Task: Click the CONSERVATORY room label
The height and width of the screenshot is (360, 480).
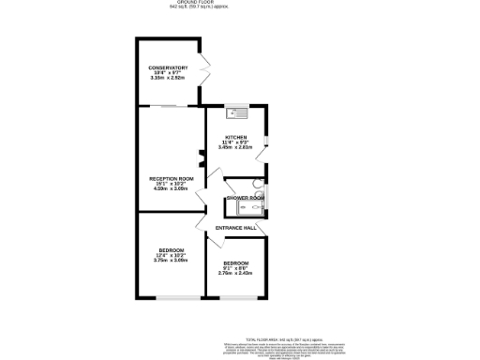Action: tap(168, 67)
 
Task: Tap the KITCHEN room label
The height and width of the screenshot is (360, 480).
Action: tap(234, 137)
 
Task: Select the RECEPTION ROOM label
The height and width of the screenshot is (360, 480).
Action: tap(172, 178)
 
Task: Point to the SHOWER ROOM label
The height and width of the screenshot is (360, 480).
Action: tap(244, 198)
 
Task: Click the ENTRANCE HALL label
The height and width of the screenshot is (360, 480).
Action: tap(236, 228)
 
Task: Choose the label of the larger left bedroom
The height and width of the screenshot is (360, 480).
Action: tap(170, 249)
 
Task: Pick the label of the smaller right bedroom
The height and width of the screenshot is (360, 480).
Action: tap(236, 262)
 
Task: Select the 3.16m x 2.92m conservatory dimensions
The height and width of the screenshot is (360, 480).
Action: tap(168, 78)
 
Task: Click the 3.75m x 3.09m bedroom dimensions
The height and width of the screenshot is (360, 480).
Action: tap(170, 260)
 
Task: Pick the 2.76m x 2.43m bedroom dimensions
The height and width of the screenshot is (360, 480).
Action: tap(236, 273)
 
